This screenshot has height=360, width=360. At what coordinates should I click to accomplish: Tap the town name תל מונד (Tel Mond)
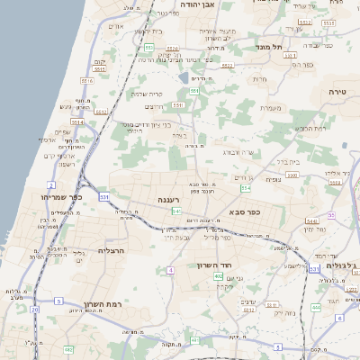pyautogui.click(x=269, y=47)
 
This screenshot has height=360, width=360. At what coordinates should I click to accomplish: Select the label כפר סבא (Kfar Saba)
pyautogui.click(x=245, y=212)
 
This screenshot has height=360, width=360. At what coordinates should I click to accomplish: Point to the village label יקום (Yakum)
pyautogui.click(x=99, y=61)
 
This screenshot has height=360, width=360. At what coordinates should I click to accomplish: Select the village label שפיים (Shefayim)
pyautogui.click(x=62, y=131)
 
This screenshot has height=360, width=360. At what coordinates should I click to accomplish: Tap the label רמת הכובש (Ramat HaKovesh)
pyautogui.click(x=310, y=129)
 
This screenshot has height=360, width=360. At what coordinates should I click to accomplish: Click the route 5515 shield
pyautogui.click(x=86, y=79)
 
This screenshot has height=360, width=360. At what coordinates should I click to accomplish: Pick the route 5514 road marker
pyautogui.click(x=77, y=121)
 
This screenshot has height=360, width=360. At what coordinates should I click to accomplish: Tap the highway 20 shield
pyautogui.click(x=35, y=309)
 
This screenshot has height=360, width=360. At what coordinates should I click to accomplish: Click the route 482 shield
pyautogui.click(x=68, y=349)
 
